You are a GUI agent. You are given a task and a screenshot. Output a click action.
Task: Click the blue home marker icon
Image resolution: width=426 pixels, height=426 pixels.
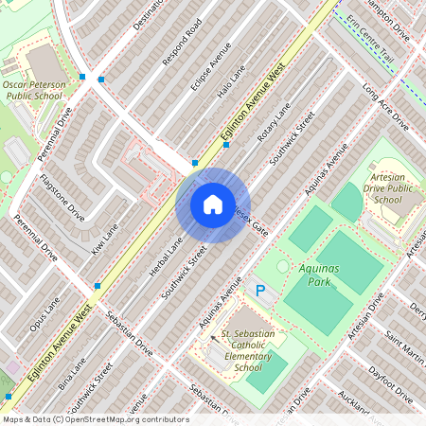pyautogui.click(x=212, y=204)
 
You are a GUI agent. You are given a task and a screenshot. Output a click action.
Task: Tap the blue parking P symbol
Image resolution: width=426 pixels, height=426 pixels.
pyautogui.click(x=260, y=291)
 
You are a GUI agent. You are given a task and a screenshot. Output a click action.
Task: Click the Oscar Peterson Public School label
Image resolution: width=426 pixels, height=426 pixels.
pyautogui.click(x=33, y=90)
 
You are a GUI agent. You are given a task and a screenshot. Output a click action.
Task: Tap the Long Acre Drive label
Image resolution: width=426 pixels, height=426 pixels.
pyautogui.click(x=385, y=109)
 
